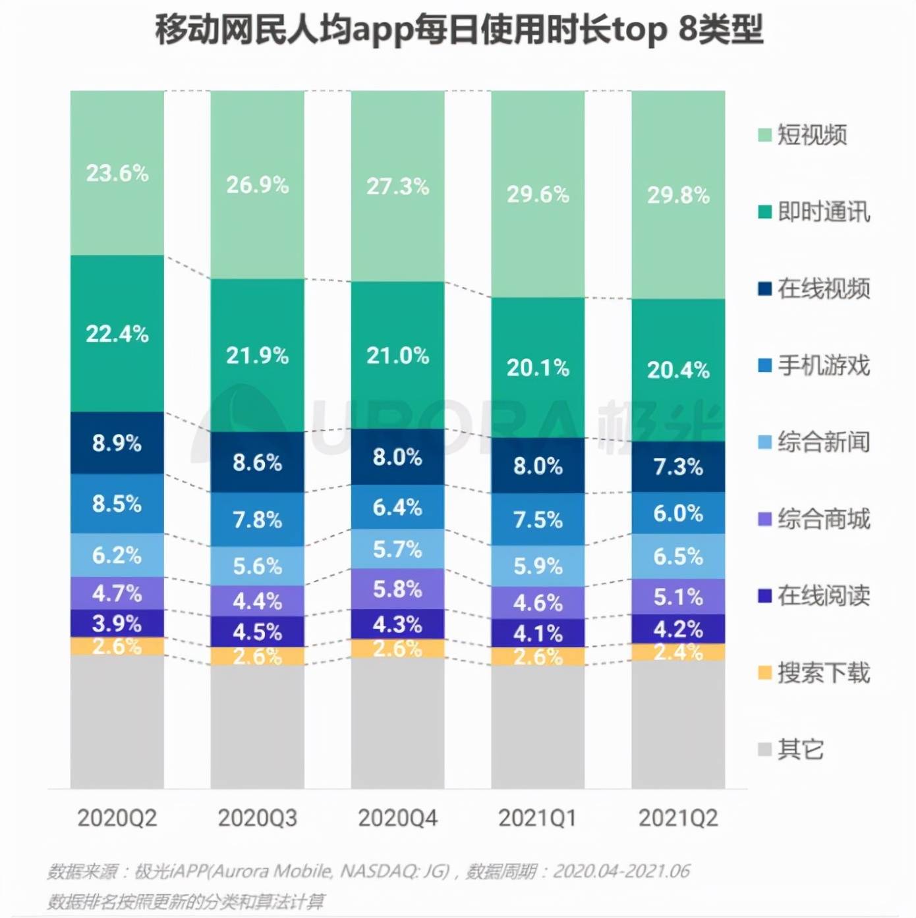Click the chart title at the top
point(459,30)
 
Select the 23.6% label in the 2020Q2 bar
point(117,173)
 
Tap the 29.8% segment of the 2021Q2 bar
point(678,195)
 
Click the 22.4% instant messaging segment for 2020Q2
point(117,334)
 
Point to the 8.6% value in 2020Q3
point(257,462)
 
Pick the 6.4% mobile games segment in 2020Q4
point(397,507)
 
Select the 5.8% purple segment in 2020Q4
point(397,589)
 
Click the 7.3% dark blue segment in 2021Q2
point(678,467)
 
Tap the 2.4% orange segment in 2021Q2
point(678,652)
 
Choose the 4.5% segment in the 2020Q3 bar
point(257,632)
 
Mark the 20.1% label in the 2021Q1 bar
point(538,367)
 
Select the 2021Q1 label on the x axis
point(538,818)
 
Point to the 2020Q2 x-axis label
point(117,818)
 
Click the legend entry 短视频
point(811,134)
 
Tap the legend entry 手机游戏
point(823,365)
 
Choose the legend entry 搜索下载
point(823,672)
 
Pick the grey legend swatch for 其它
point(764,749)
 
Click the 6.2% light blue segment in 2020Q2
point(117,555)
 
